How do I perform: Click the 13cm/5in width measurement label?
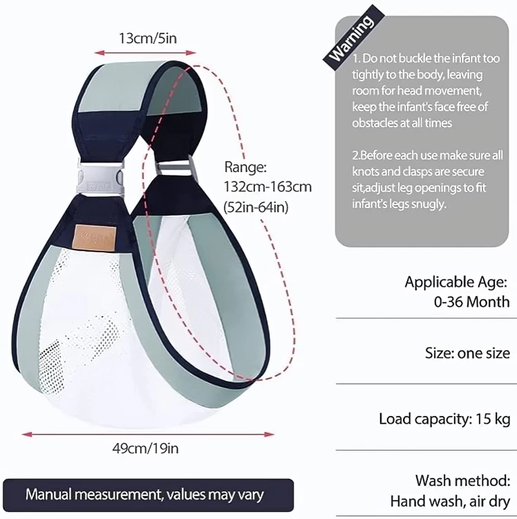pyautogui.click(x=148, y=39)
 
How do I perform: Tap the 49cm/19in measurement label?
pyautogui.click(x=145, y=449)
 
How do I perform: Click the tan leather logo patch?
pyautogui.click(x=95, y=238)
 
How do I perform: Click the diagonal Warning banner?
pyautogui.click(x=352, y=37)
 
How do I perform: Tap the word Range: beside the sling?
pyautogui.click(x=245, y=167)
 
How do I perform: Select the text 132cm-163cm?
pyautogui.click(x=267, y=187)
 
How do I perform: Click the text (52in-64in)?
pyautogui.click(x=256, y=207)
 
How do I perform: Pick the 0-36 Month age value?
pyautogui.click(x=471, y=302)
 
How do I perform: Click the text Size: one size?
pyautogui.click(x=467, y=353)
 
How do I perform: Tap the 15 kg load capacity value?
pyautogui.click(x=493, y=419)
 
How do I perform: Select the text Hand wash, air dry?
pyautogui.click(x=450, y=501)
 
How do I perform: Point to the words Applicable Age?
pyautogui.click(x=455, y=282)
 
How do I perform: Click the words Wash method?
pyautogui.click(x=462, y=480)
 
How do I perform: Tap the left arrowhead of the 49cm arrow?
pyautogui.click(x=27, y=434)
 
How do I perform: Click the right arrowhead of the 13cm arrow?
pyautogui.click(x=191, y=53)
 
